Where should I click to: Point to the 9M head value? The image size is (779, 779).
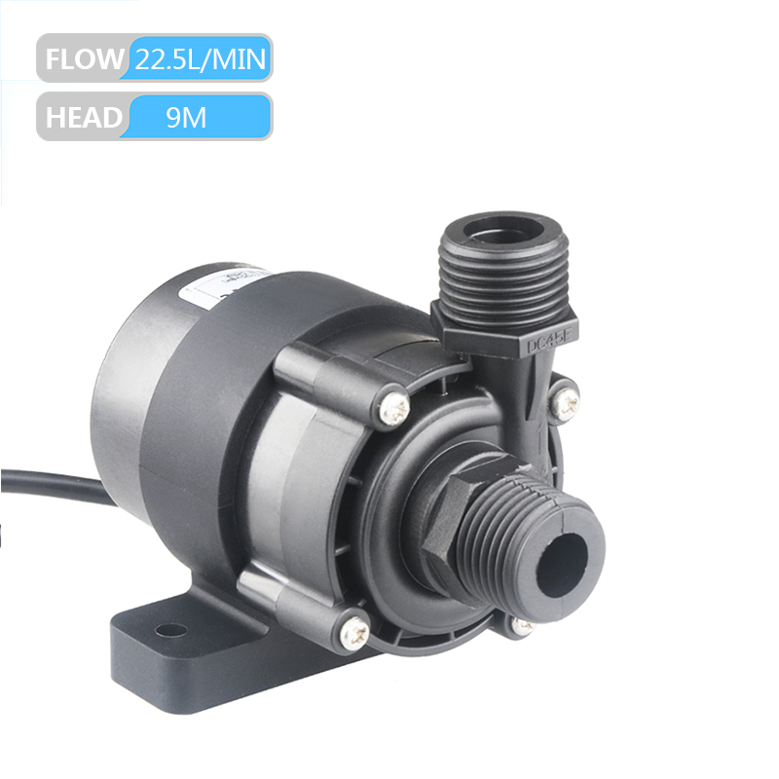(186, 118)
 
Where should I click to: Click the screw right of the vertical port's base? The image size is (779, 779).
(566, 398)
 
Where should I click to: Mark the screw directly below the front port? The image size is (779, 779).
(523, 626)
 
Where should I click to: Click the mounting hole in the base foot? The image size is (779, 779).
(170, 630)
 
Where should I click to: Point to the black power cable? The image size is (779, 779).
(49, 484)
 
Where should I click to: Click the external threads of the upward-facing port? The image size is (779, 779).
(503, 282)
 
